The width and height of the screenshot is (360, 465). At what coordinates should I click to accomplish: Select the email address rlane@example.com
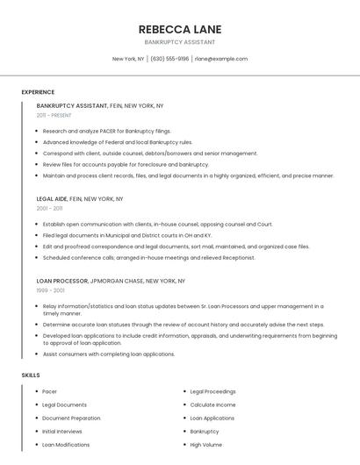221,59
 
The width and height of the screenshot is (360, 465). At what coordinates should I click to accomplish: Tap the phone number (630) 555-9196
169,59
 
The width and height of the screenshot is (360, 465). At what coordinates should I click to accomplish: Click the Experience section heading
38,92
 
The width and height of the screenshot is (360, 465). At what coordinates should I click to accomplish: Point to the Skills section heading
31,376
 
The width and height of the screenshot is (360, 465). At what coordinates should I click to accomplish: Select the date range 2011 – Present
54,115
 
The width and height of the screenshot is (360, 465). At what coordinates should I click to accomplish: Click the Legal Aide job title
52,198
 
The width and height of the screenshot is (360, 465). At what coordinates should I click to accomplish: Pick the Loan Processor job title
62,281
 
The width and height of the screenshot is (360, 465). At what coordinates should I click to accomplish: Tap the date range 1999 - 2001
51,290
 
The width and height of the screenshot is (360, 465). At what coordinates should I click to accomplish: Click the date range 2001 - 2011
50,208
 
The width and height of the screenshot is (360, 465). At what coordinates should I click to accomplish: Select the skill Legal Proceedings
212,391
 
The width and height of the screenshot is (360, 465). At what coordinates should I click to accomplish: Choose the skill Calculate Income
212,404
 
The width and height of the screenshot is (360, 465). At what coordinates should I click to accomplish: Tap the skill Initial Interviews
62,432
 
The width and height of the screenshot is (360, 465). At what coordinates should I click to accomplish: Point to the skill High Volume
206,445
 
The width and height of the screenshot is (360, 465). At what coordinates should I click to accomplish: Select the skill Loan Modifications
66,445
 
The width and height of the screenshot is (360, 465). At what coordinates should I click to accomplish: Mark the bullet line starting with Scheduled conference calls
148,258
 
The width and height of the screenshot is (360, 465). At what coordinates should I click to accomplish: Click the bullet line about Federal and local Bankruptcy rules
118,142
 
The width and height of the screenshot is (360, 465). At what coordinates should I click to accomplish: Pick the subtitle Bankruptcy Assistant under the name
179,42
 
